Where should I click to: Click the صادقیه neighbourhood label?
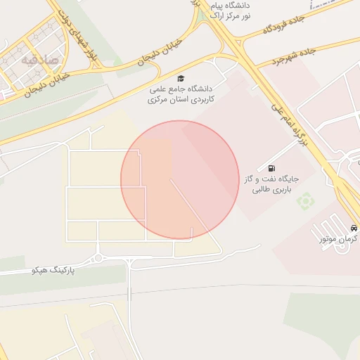(x=37, y=59)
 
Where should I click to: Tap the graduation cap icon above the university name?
(x=181, y=78)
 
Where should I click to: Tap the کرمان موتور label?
(x=338, y=240)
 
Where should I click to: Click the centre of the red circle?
(x=180, y=180)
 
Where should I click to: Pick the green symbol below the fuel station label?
(x=305, y=202)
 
